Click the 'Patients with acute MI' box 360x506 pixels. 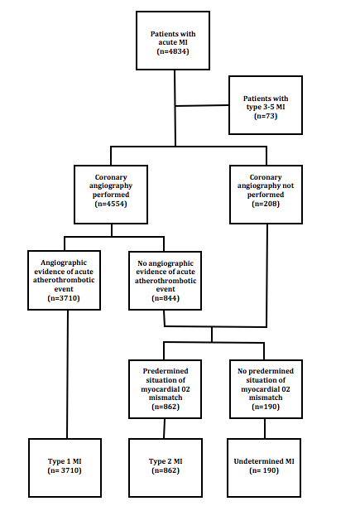(x=173, y=41)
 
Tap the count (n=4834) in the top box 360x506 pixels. (x=173, y=51)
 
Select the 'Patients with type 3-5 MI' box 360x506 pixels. (x=266, y=105)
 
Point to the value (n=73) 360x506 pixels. (x=266, y=116)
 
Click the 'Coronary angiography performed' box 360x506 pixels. (x=111, y=195)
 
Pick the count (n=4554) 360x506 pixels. (x=111, y=204)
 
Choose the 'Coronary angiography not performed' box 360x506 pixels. (x=266, y=195)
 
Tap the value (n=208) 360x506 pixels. (x=266, y=204)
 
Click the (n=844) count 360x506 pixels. (x=166, y=298)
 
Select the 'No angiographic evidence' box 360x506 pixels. (x=166, y=281)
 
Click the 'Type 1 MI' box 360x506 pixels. (x=65, y=468)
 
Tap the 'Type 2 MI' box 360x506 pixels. (x=166, y=468)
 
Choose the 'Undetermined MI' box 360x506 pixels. (x=264, y=468)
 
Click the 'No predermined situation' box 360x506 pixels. (x=266, y=389)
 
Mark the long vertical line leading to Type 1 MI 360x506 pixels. (x=67, y=374)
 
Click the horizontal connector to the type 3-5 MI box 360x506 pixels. (x=202, y=105)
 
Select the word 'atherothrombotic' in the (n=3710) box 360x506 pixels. (x=64, y=280)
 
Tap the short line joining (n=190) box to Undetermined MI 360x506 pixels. (x=265, y=428)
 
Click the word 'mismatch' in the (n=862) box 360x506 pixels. (x=166, y=398)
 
